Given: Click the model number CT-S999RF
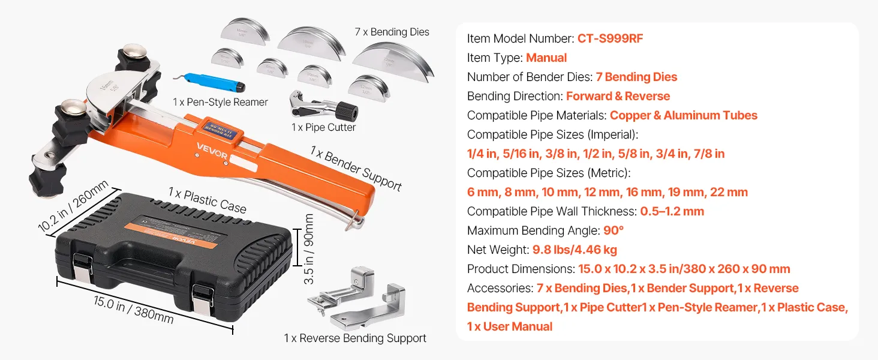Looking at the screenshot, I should (611, 38).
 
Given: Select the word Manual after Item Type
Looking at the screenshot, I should (546, 58).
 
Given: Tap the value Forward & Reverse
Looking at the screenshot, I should (618, 96).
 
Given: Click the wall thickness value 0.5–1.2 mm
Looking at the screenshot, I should (672, 211).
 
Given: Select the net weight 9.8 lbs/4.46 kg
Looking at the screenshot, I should (575, 250).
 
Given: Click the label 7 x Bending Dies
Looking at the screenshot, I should (392, 32).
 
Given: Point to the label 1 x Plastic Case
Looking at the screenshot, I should (207, 200).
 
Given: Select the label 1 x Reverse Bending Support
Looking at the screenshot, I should (355, 338).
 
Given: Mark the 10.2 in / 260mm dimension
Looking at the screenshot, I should (74, 206).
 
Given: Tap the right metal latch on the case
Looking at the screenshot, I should (203, 296).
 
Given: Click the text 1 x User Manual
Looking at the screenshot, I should (510, 326).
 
